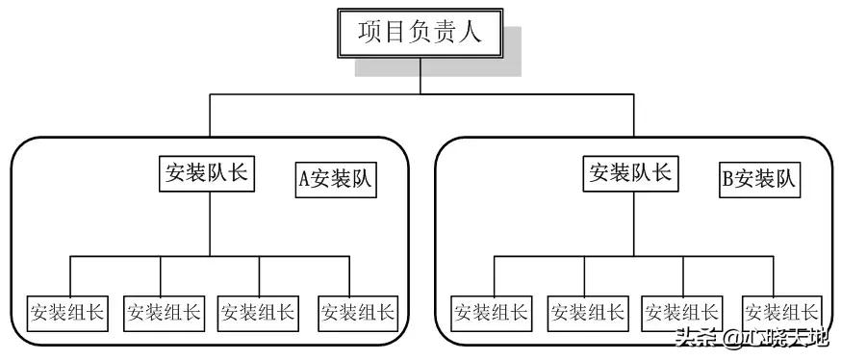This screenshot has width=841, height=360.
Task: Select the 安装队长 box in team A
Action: (x=207, y=174)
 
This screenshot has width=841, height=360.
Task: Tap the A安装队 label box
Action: (x=336, y=180)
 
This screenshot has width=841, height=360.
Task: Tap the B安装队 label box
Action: (x=760, y=180)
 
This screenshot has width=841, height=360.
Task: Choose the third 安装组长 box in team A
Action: (x=257, y=312)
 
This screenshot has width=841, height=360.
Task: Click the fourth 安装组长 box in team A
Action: (x=357, y=312)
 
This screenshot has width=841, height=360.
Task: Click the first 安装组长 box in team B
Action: (x=491, y=312)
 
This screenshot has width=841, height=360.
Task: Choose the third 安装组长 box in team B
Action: (x=681, y=312)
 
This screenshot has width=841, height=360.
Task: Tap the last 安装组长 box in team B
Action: (x=781, y=312)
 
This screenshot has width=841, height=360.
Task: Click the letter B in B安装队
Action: (x=728, y=180)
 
